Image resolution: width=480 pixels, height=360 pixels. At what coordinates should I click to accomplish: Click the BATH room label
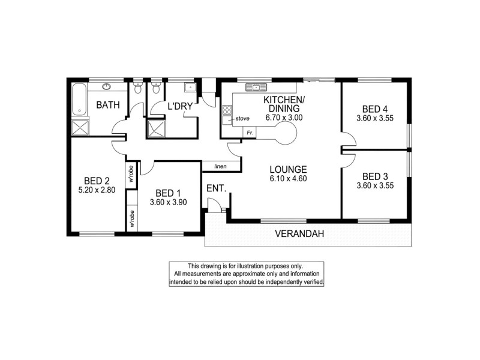[x=109, y=106]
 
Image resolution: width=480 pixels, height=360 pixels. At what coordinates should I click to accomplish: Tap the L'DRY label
[x=179, y=106]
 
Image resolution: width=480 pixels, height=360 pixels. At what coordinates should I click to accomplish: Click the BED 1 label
[x=168, y=193]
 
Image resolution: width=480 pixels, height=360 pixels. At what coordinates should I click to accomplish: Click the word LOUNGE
[x=288, y=169]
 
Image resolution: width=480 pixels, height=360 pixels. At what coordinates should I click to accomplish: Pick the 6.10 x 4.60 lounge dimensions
[x=288, y=179]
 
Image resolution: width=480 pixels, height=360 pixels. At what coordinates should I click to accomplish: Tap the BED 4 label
[x=375, y=109]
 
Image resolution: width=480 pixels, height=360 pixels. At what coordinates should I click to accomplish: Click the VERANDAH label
[x=300, y=234]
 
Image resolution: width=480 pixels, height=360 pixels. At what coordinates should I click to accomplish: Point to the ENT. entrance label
[x=217, y=188]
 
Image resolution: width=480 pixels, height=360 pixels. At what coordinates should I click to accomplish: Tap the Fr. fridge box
[x=250, y=132]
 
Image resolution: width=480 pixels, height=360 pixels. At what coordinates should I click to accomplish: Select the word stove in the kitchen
[x=242, y=119]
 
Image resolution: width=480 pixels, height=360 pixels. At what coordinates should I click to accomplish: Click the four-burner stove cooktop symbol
[x=227, y=110]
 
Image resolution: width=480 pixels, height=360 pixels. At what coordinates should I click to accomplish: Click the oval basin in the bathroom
[x=108, y=86]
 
